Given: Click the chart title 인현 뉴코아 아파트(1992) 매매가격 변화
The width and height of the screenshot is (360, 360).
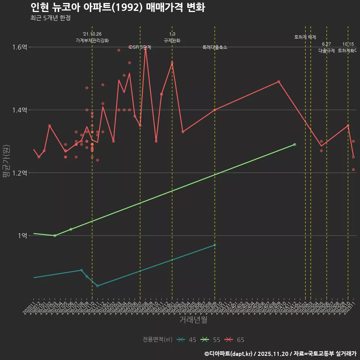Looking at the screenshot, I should pos(117,7).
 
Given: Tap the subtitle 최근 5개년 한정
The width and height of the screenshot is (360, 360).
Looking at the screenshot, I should pos(50,18).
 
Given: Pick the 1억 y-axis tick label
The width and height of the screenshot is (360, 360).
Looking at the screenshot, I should pos(23,235).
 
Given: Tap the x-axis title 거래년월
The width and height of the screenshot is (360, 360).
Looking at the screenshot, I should pos(193,320).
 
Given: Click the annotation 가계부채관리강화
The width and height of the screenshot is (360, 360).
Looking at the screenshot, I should pos(92,40).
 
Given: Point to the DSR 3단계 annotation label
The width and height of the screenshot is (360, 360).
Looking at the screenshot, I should pos(140,48).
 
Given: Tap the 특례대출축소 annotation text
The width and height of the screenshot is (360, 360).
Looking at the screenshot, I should pos(215,48).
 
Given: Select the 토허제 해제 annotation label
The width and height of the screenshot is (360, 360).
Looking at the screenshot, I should pos(305,37).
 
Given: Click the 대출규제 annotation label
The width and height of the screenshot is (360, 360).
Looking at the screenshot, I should pos(327,51).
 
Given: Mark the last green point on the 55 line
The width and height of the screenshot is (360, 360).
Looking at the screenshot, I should pos(295,144).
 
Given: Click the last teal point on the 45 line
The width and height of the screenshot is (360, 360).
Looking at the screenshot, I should pos(215,245).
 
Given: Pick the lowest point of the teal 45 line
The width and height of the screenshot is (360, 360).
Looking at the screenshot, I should pos(97,286).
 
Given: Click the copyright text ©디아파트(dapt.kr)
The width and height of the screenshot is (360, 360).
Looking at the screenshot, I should pos(229,354).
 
